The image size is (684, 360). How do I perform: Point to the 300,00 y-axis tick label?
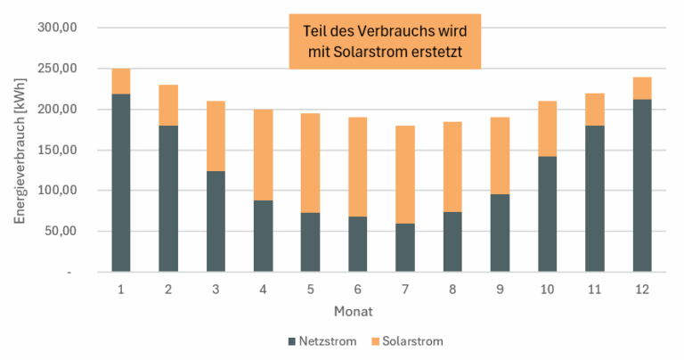[x=61, y=28]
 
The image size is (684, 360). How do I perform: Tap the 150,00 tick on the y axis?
[x=61, y=150]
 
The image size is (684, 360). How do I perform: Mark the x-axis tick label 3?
[x=216, y=290]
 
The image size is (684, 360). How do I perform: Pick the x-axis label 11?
[x=595, y=290]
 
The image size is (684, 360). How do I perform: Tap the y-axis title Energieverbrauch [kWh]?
[x=20, y=150]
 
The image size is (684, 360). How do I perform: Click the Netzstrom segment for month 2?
[x=168, y=199]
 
